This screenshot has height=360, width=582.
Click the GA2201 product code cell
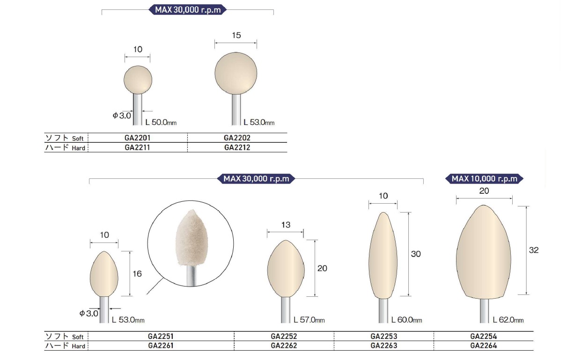(x=138, y=138)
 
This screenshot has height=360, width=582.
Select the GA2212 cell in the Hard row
(x=237, y=147)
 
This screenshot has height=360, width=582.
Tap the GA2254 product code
(x=484, y=337)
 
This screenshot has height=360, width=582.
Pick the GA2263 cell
(x=384, y=345)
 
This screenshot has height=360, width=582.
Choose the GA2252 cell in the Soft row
(x=284, y=337)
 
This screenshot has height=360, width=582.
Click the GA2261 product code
(x=161, y=345)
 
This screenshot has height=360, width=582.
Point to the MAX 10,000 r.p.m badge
(x=484, y=179)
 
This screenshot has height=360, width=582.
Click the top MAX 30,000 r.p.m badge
(x=188, y=10)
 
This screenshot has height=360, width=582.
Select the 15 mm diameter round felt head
(x=236, y=73)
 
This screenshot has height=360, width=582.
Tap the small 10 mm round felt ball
(x=138, y=80)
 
